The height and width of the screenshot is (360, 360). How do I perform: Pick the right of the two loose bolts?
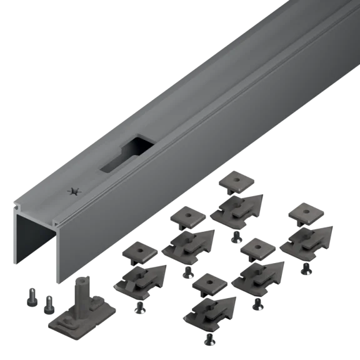click(47, 305)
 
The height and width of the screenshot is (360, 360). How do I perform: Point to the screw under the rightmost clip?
click(304, 267)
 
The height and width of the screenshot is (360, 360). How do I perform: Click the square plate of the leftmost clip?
click(139, 252)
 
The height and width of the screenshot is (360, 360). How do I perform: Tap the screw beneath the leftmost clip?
click(139, 307)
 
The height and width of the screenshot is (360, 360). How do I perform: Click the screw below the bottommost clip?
click(210, 339)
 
